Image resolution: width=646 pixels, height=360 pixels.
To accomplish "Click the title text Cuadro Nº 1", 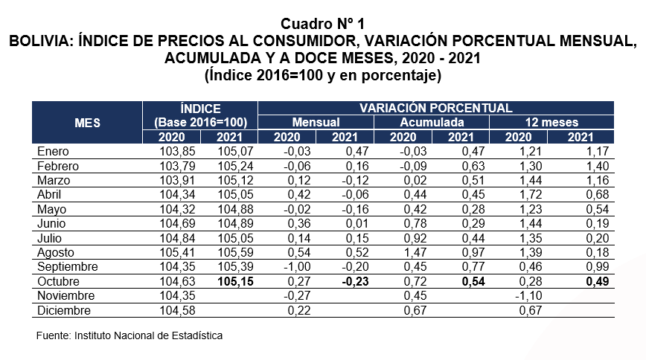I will tap(323, 25).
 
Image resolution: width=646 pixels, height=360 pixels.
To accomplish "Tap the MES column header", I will tap(88, 122).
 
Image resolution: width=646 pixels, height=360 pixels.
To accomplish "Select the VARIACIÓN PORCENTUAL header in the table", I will tap(435, 108).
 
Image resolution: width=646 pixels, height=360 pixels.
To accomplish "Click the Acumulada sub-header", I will tap(432, 122).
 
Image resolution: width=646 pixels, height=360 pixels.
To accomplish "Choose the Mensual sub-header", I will tap(316, 122).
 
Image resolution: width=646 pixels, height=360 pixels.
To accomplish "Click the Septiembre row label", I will tap(68, 266).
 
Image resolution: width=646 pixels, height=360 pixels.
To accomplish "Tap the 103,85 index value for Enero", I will tap(181, 152).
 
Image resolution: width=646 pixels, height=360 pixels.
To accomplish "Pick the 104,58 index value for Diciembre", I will tap(181, 310).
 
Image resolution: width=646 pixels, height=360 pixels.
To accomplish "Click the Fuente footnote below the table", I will tap(129, 335).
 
